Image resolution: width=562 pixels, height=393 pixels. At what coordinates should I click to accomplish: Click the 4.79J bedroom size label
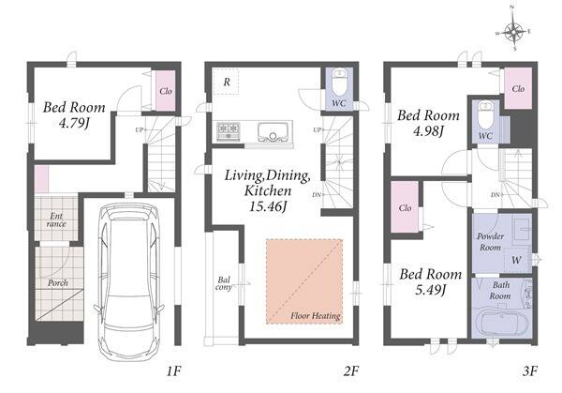pyautogui.click(x=74, y=123)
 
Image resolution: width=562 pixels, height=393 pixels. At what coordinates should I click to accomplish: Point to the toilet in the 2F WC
pyautogui.click(x=339, y=82)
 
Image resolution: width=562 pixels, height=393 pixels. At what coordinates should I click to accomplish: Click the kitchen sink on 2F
pyautogui.click(x=273, y=132)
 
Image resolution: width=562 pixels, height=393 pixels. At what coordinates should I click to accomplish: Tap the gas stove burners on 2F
pyautogui.click(x=229, y=130)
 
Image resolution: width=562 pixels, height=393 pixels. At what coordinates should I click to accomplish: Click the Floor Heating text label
pyautogui.click(x=316, y=316)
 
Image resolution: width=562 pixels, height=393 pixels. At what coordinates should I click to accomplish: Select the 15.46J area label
pyautogui.click(x=268, y=206)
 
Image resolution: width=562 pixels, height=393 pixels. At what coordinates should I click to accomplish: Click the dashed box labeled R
pyautogui.click(x=226, y=82)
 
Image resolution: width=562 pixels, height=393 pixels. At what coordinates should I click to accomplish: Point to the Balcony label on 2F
pyautogui.click(x=224, y=283)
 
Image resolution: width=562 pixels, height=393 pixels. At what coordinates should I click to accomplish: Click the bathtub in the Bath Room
pyautogui.click(x=501, y=324)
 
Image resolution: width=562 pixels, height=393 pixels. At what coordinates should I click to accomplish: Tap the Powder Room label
pyautogui.click(x=490, y=242)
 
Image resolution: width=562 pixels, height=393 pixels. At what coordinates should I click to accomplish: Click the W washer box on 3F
pyautogui.click(x=516, y=260)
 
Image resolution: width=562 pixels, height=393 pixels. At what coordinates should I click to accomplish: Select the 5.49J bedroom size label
pyautogui.click(x=430, y=290)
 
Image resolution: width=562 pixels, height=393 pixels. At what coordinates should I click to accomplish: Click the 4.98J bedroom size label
pyautogui.click(x=428, y=131)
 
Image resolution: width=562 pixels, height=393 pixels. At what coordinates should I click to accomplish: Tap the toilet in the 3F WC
pyautogui.click(x=485, y=114)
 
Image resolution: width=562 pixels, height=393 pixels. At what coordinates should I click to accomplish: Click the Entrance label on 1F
pyautogui.click(x=56, y=220)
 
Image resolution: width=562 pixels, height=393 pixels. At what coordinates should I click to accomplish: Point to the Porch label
pyautogui.click(x=58, y=283)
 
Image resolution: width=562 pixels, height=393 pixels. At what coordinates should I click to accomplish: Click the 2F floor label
pyautogui.click(x=351, y=371)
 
